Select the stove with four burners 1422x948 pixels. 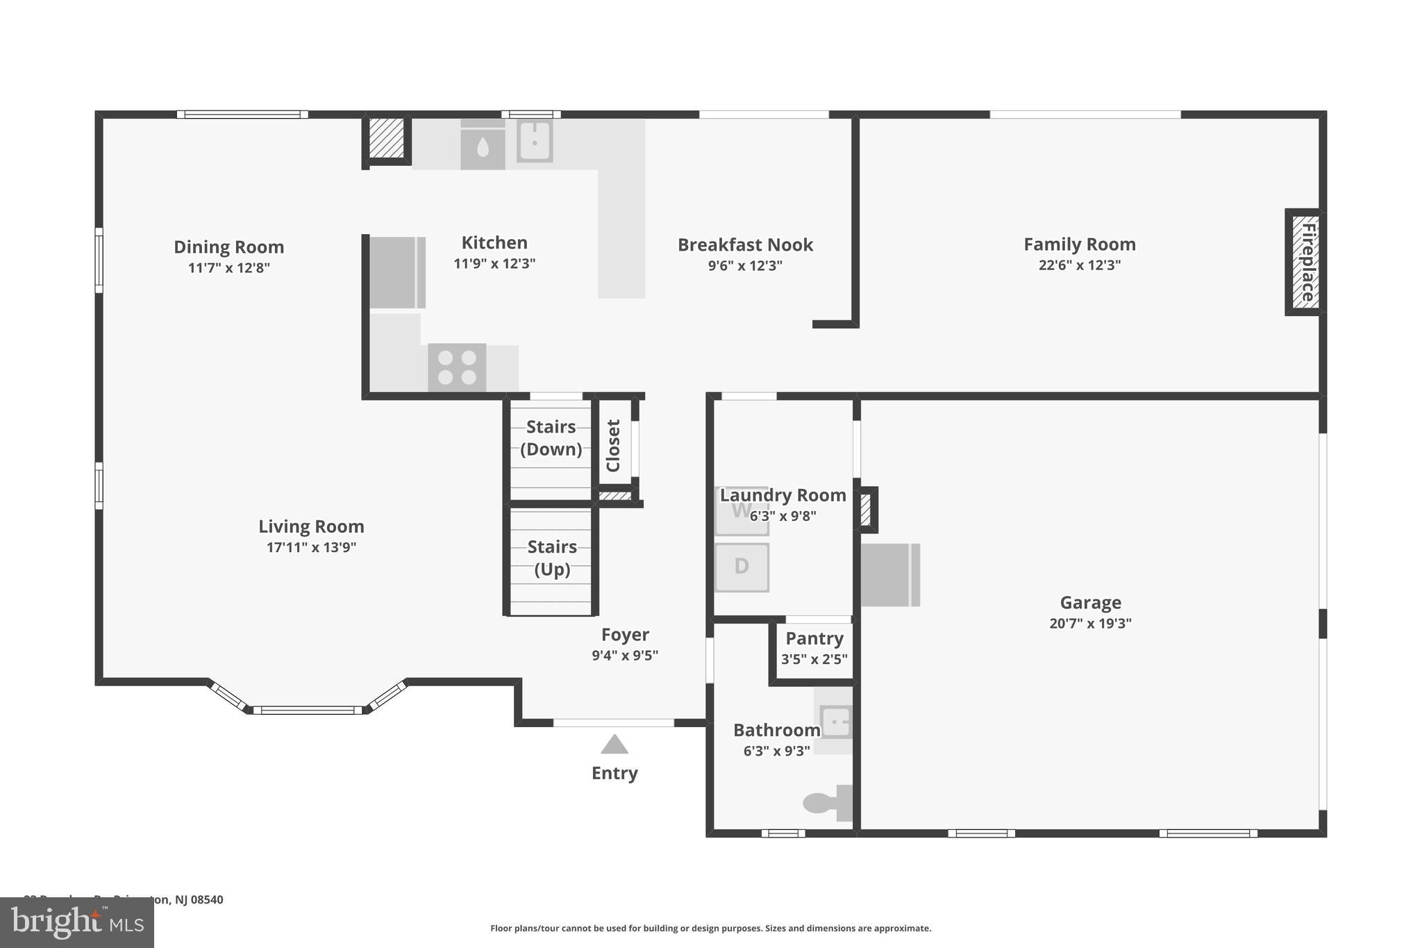(457, 367)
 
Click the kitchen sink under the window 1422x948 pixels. (535, 142)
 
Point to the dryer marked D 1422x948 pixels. (742, 567)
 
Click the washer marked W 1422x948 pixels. (741, 512)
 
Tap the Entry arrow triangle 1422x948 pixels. (614, 745)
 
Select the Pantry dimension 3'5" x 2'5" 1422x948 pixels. (814, 659)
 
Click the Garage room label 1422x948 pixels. (1090, 603)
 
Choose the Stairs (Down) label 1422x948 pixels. (551, 438)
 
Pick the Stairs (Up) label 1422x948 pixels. (552, 558)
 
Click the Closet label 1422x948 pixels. (613, 445)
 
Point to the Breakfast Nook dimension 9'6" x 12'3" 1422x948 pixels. (745, 265)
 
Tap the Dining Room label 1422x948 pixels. (228, 247)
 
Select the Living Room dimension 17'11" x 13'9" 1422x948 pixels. (311, 547)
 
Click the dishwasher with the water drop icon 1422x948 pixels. (483, 146)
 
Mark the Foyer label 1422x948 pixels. (625, 635)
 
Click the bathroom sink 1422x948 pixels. (835, 721)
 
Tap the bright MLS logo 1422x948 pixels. (77, 922)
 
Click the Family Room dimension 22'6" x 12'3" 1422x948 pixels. (1079, 265)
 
